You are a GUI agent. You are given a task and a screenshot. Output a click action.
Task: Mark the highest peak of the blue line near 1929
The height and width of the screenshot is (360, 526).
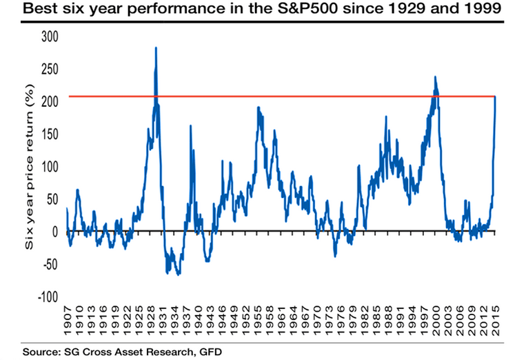pyautogui.click(x=156, y=48)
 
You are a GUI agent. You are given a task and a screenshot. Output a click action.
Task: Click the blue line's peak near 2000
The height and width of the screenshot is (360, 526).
pyautogui.click(x=435, y=77)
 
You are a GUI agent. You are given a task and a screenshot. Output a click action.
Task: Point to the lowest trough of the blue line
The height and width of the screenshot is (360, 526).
pyautogui.click(x=179, y=274)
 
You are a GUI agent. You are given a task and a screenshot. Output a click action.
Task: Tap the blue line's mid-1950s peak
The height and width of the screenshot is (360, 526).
pyautogui.click(x=258, y=108)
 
